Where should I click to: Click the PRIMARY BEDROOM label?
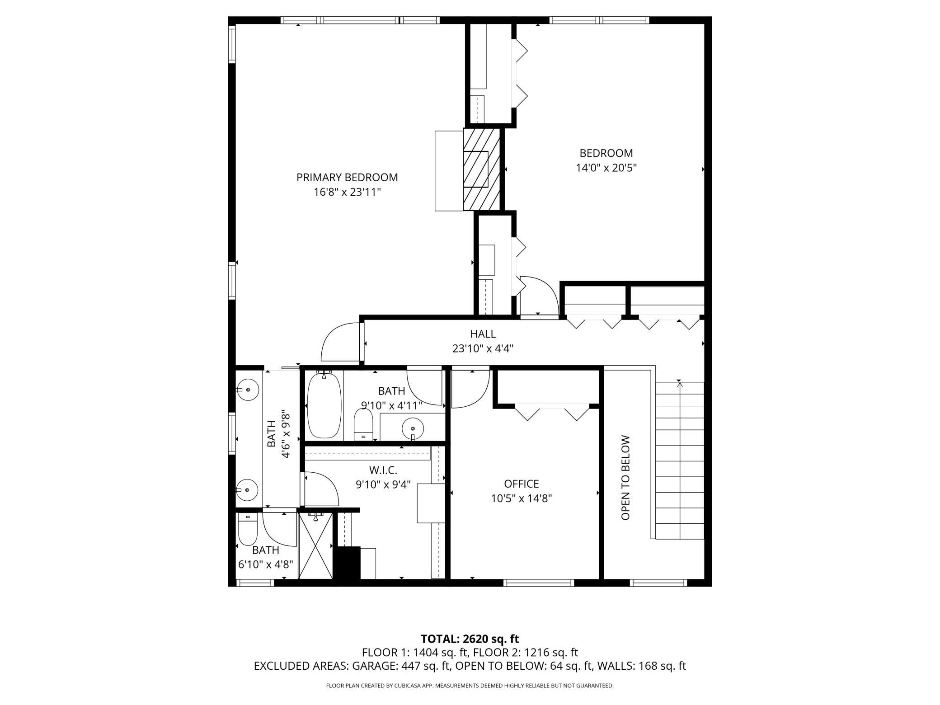point(347,178)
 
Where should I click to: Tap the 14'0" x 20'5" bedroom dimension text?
point(606,168)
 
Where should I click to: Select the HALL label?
point(483,334)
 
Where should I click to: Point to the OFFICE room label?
point(522,484)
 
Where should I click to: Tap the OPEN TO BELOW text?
point(625,478)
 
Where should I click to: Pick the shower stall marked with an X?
point(316,545)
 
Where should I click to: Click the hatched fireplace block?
point(481,169)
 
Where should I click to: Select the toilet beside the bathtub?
point(363,424)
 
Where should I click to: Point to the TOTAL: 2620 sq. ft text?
point(470,639)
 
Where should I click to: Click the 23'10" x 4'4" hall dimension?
point(483,348)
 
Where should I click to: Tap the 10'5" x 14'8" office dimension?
point(522,498)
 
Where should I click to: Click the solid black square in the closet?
point(347,563)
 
